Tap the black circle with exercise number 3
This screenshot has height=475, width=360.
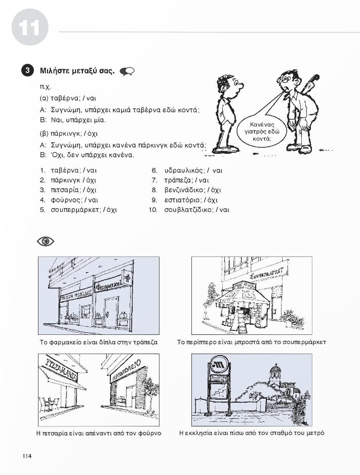click(28, 71)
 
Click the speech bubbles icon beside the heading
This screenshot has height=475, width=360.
click(127, 71)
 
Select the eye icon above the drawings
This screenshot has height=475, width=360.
click(46, 241)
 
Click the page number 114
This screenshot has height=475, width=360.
click(27, 456)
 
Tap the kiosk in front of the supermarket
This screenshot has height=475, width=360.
click(242, 306)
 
